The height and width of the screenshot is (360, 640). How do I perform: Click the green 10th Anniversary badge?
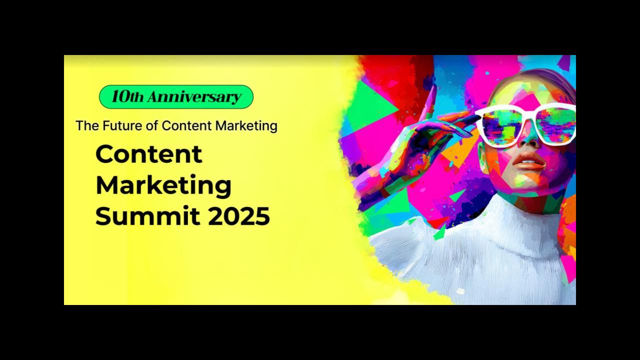tap(176, 97)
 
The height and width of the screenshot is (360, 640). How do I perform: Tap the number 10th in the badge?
tap(127, 96)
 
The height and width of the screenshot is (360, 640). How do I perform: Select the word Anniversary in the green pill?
tap(194, 97)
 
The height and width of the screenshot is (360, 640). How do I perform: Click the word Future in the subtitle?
tap(122, 125)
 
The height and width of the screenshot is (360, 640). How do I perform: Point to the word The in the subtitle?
tap(87, 125)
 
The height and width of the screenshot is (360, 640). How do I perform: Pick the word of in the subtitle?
tap(152, 125)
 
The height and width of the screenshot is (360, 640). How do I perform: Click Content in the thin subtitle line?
tap(187, 125)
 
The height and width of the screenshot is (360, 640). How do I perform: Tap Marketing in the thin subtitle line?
tap(246, 126)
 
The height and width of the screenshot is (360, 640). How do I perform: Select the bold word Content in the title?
tap(149, 154)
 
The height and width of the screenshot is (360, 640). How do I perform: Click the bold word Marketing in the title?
tap(163, 185)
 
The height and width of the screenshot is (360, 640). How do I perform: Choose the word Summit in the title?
tap(147, 215)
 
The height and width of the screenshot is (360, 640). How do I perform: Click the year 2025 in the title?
tap(239, 215)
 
